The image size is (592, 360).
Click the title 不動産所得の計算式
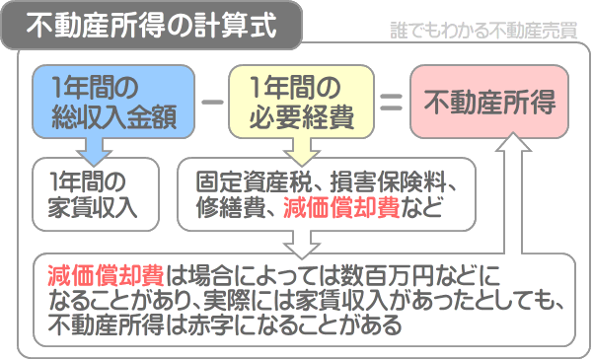[x=154, y=24]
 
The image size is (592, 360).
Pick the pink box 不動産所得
[x=489, y=101]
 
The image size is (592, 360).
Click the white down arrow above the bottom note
[x=296, y=241]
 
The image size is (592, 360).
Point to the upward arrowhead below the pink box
[x=511, y=146]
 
